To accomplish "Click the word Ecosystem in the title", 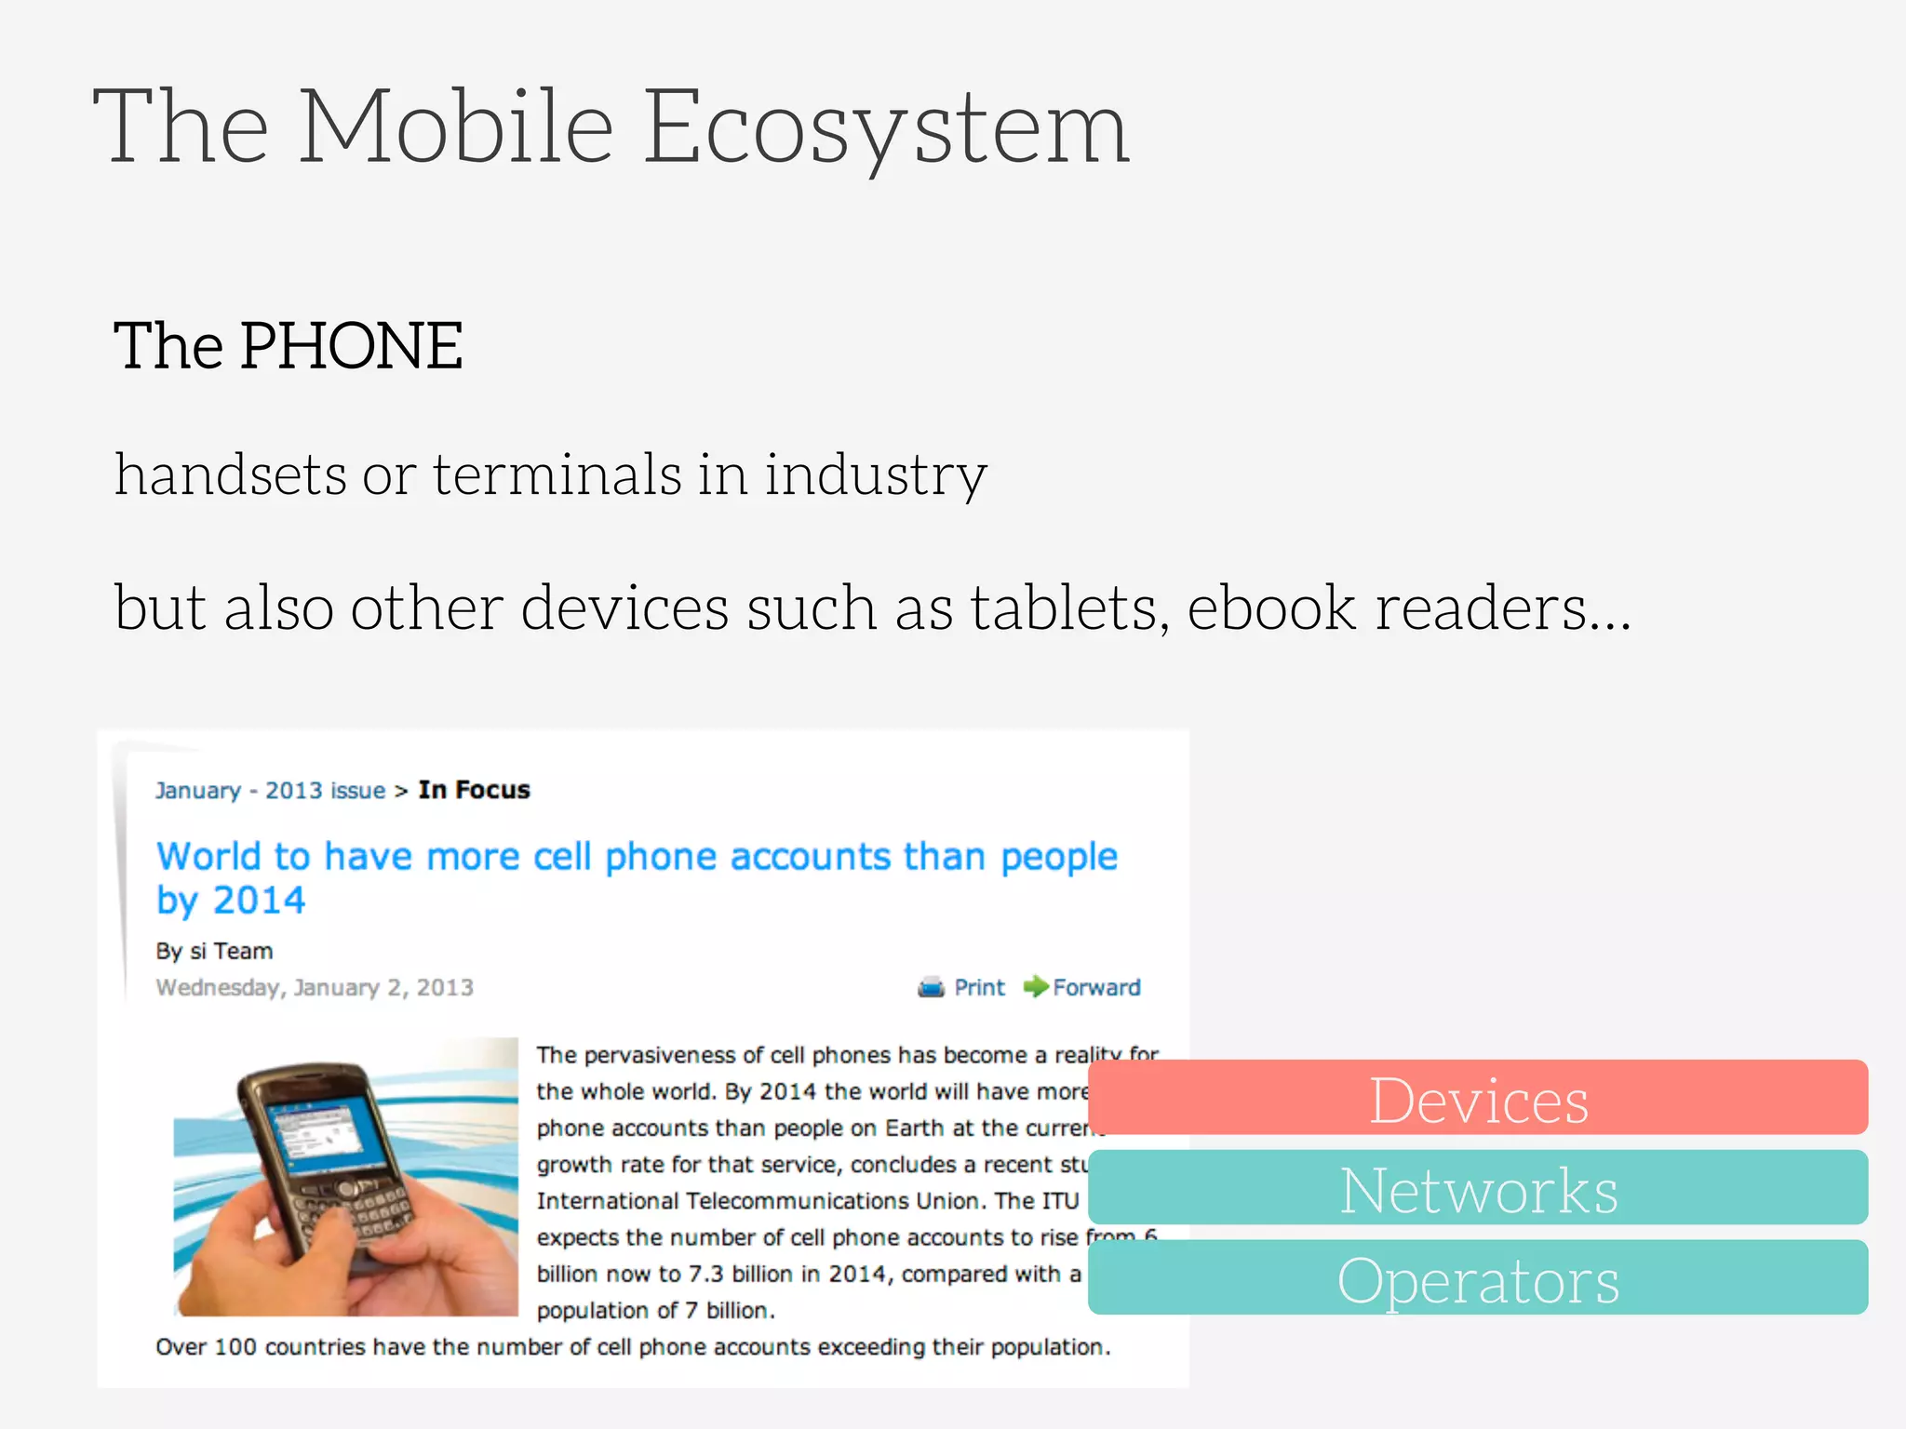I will pos(886,127).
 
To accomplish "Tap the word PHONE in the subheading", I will pos(351,346).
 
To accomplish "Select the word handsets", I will pos(230,474).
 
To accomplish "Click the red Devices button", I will pos(1478,1099).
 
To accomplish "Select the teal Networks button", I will pos(1478,1189).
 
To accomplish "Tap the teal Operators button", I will pos(1478,1279).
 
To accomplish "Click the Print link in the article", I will pos(979,987).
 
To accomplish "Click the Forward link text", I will pos(1096,987).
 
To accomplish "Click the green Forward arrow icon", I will pos(1035,986).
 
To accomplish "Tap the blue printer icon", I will pos(931,987).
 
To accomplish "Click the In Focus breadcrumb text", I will pos(474,790).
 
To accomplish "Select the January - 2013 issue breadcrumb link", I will pos(270,791).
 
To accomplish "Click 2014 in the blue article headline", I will pos(259,901).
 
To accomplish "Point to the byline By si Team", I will pos(214,951).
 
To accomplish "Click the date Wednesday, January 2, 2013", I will pos(315,987).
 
